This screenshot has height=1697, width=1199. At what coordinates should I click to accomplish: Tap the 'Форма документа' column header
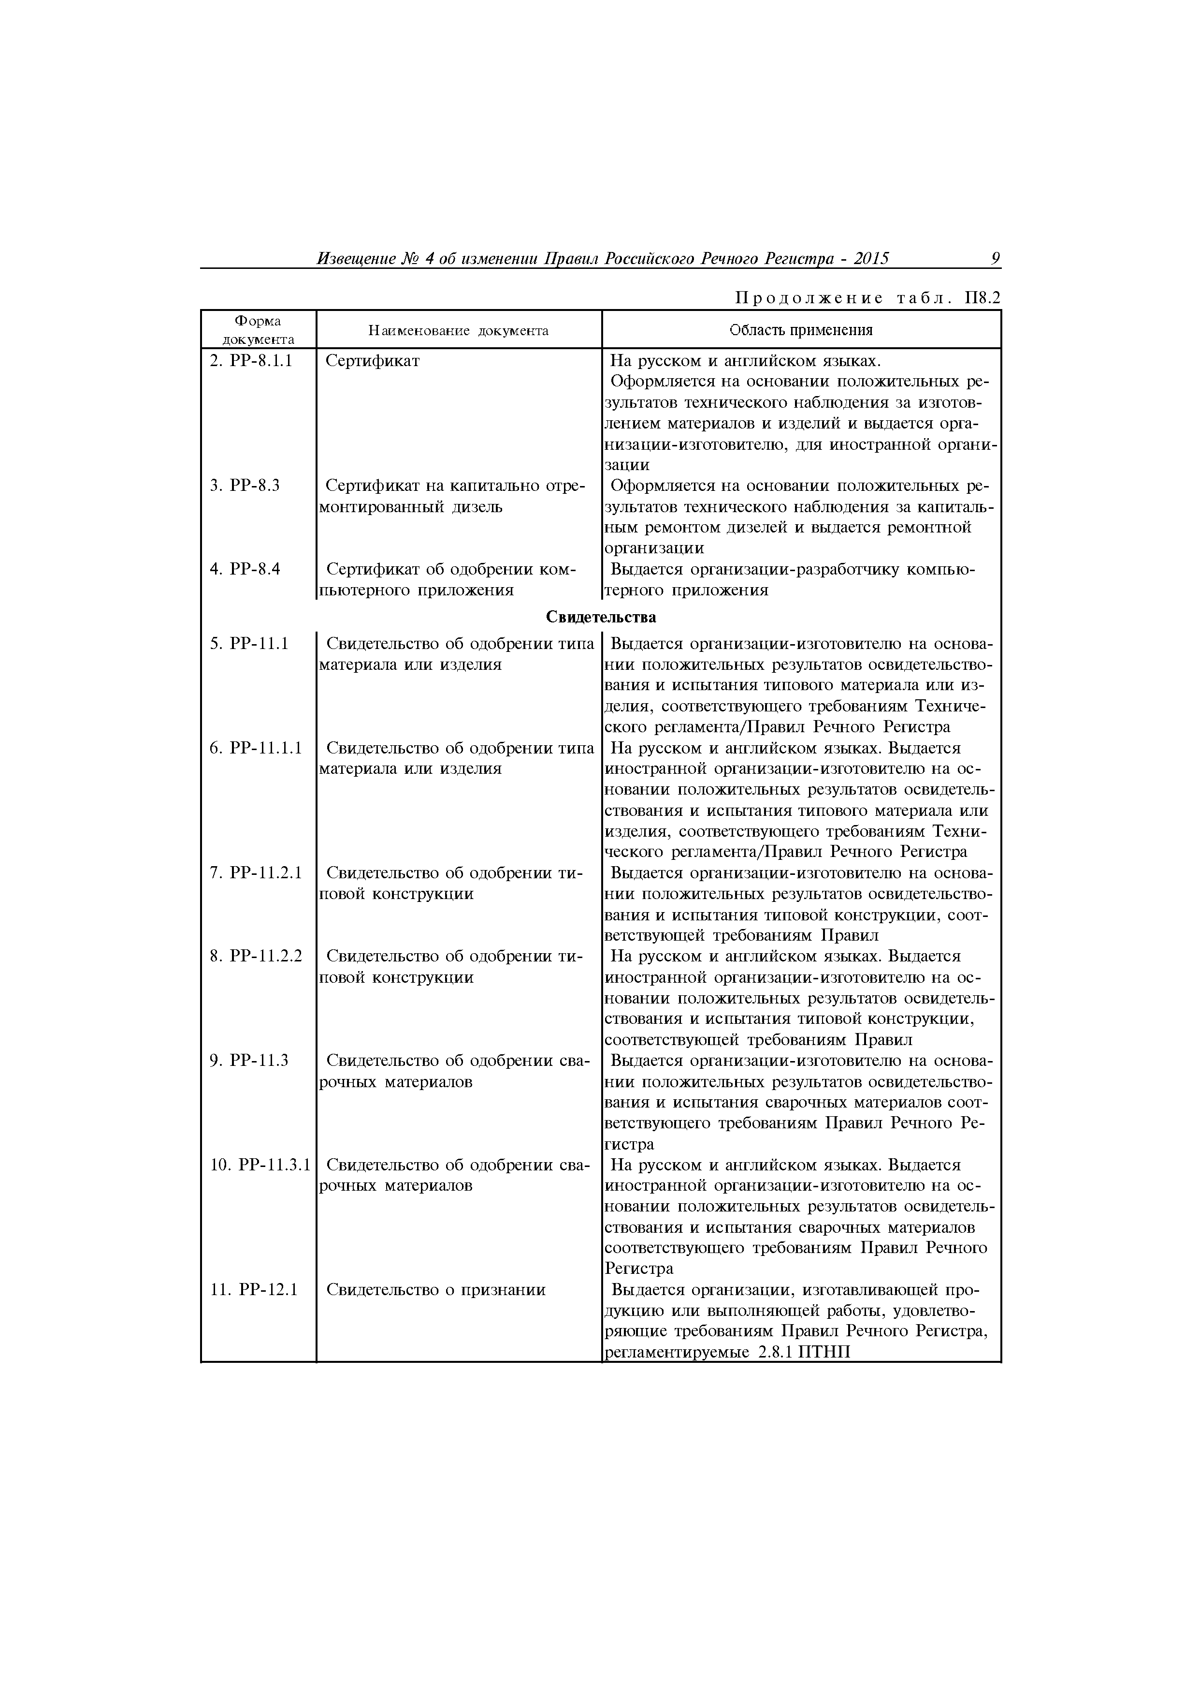pos(258,330)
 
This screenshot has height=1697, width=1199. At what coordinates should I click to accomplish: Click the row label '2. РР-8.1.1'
pos(251,361)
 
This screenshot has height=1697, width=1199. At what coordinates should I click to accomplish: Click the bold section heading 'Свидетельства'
pos(601,617)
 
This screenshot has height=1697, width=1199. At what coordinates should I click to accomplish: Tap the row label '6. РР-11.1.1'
pos(256,748)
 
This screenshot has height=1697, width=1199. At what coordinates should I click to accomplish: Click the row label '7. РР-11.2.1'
pos(256,873)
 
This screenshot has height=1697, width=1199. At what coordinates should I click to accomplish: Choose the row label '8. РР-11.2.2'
pos(256,957)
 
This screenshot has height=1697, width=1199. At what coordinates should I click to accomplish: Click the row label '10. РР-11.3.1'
pos(260,1165)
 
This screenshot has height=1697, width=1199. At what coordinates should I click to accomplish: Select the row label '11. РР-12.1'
pos(253,1290)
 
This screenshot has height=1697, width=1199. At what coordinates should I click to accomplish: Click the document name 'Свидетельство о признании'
pos(436,1290)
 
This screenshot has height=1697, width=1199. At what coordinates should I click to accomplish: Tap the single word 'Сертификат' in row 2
pos(372,361)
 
